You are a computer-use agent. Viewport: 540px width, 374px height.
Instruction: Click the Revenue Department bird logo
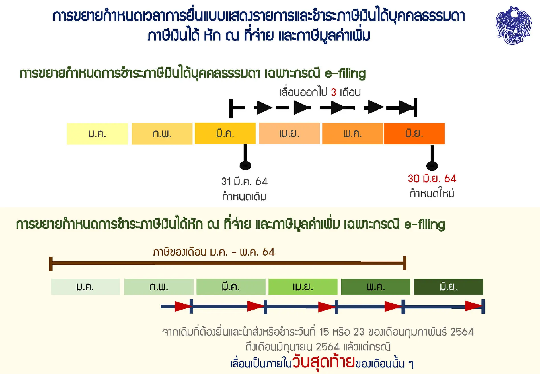(513, 25)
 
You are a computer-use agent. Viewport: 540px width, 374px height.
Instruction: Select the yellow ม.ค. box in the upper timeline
(97, 134)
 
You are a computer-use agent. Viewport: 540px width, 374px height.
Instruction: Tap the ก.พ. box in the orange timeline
(162, 134)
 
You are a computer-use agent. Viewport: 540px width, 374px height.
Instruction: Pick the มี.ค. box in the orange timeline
(225, 133)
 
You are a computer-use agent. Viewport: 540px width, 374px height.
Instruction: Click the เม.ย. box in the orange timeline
(289, 133)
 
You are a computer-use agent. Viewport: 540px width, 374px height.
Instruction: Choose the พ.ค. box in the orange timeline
(352, 134)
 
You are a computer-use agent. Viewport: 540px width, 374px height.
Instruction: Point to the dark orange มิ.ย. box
(414, 134)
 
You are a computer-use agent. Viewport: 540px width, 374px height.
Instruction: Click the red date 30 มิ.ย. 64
(432, 179)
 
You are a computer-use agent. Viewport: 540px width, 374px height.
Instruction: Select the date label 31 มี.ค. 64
(245, 181)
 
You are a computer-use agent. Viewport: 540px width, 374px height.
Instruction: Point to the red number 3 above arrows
(334, 92)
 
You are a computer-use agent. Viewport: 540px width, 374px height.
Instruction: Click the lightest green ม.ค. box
(85, 287)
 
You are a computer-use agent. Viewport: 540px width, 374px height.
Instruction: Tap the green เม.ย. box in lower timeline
(303, 287)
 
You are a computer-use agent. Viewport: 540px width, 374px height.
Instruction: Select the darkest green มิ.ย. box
(449, 287)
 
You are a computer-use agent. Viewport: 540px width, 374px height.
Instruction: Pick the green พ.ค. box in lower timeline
(376, 287)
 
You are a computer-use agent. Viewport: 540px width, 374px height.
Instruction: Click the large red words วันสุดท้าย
(324, 362)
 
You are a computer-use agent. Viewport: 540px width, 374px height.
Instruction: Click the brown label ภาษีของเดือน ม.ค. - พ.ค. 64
(213, 252)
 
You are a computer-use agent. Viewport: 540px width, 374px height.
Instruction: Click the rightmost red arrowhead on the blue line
(474, 306)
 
